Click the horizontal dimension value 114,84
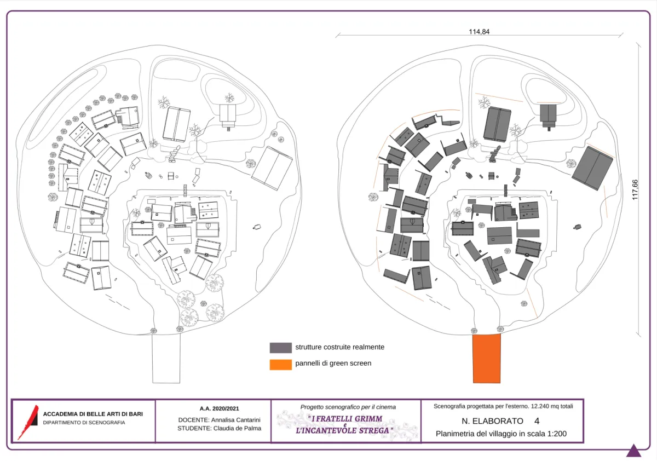[479, 32]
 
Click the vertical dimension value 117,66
[636, 190]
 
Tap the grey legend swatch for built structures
[280, 348]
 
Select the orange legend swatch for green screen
[280, 364]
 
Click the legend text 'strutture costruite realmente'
[339, 347]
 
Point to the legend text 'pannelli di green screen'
[333, 363]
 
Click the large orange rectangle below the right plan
[487, 358]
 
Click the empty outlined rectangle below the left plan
[166, 358]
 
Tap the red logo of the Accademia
[28, 422]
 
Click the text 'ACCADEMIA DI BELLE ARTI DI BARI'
[93, 414]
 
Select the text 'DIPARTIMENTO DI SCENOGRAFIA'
[84, 423]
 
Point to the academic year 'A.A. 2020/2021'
[219, 408]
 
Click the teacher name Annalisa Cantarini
[236, 420]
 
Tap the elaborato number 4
[537, 421]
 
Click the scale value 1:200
[555, 434]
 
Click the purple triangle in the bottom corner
[633, 451]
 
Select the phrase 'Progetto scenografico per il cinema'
[348, 407]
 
